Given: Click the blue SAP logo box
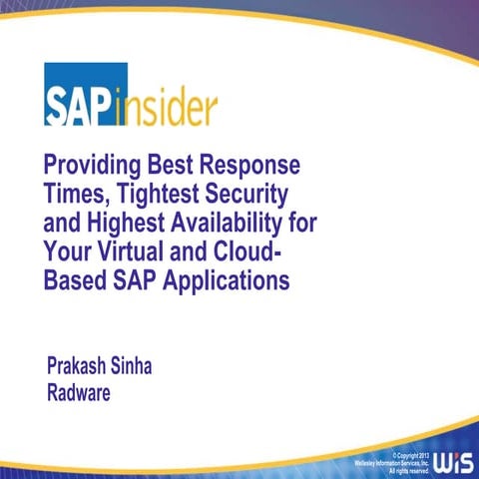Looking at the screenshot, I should (84, 94).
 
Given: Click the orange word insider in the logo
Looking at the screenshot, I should (169, 104).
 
